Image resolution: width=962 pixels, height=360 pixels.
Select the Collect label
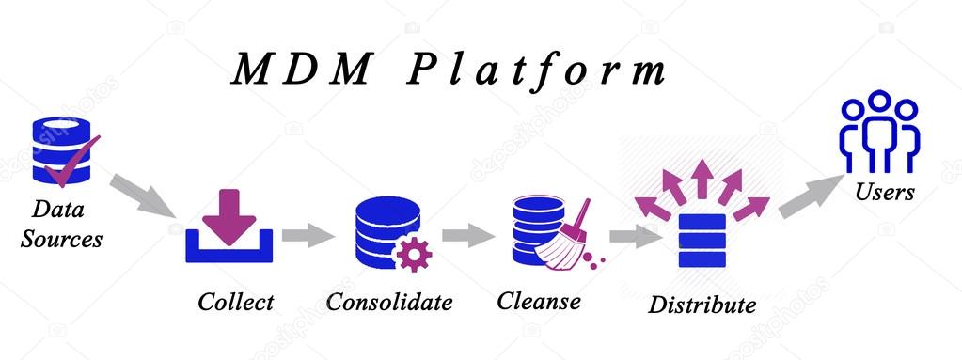click(x=235, y=302)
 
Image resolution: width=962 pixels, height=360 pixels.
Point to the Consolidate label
click(x=389, y=302)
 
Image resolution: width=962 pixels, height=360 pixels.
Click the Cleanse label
click(x=538, y=302)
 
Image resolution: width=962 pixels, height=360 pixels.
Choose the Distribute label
click(x=702, y=305)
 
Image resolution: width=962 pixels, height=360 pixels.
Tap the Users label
click(x=884, y=192)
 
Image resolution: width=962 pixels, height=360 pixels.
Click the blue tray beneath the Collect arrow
click(x=229, y=249)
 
